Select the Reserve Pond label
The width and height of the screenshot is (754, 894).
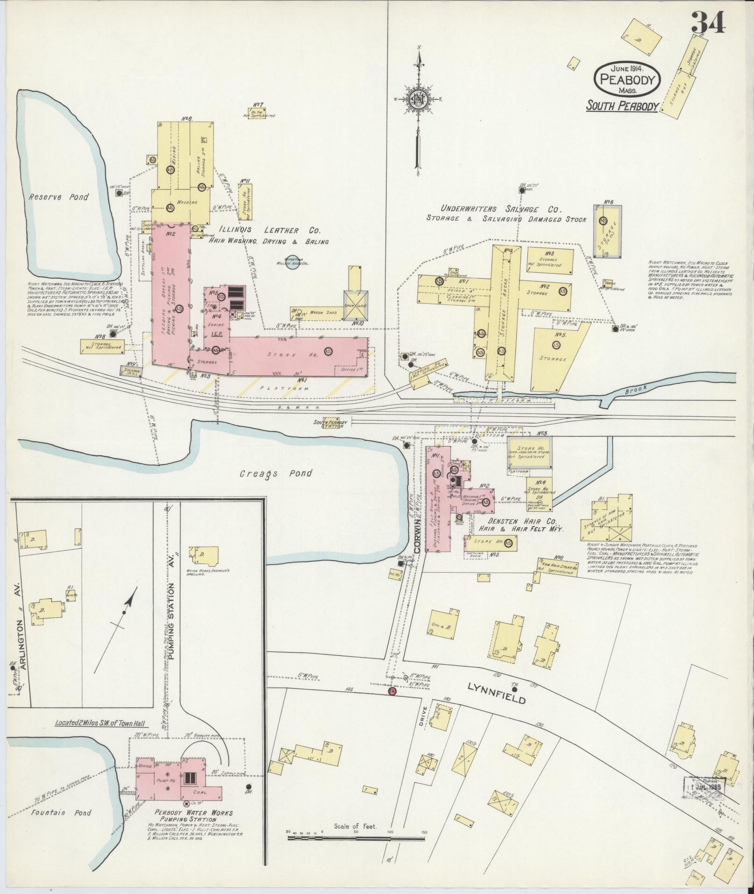(58, 197)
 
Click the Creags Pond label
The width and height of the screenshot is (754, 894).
(276, 473)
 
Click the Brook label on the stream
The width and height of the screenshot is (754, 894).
(634, 387)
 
